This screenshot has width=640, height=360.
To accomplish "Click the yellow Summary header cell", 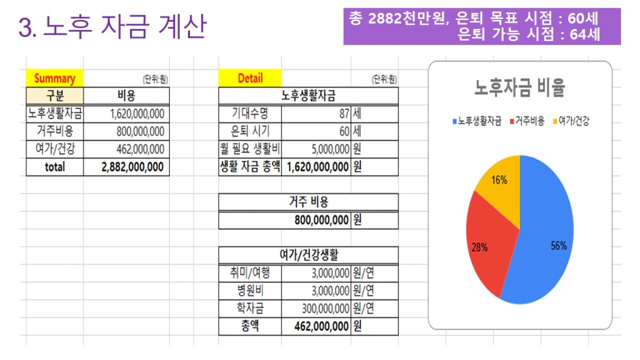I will click(x=55, y=78).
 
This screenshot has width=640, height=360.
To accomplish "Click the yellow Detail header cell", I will click(x=250, y=78).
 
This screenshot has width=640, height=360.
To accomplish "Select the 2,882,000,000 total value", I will click(x=133, y=167).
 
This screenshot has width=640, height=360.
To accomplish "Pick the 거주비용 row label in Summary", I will click(x=55, y=131).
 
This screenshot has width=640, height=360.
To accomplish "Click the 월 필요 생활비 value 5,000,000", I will click(x=331, y=149).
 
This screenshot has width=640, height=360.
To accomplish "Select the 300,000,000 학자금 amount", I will click(x=326, y=308).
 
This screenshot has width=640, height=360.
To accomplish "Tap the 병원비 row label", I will click(x=250, y=291).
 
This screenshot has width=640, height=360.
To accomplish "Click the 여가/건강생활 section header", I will click(x=308, y=255).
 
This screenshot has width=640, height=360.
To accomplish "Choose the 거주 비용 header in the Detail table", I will click(x=308, y=202).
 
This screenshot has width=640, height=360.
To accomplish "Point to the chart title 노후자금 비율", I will click(x=519, y=88).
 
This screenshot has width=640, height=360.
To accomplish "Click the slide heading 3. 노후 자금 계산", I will click(x=112, y=27).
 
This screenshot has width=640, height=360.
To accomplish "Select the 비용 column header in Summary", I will click(x=126, y=96).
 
